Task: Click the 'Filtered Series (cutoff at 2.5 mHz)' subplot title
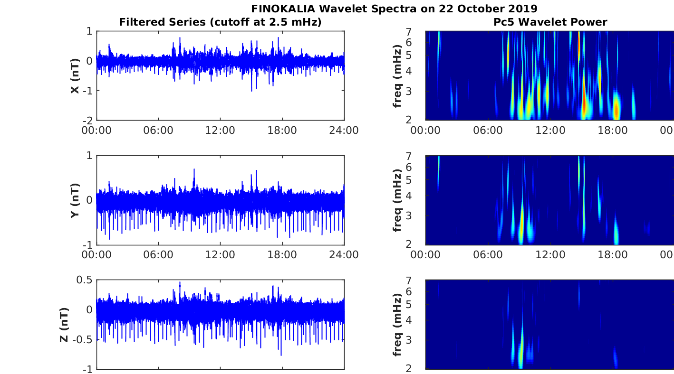pyautogui.click(x=220, y=22)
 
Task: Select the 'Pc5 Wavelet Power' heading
pyautogui.click(x=550, y=22)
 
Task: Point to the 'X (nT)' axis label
pyautogui.click(x=75, y=75)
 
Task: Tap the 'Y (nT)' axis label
pyautogui.click(x=75, y=200)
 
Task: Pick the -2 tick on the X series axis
pyautogui.click(x=88, y=120)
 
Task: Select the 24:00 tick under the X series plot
pyautogui.click(x=344, y=131)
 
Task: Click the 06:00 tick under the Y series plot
pyautogui.click(x=158, y=255)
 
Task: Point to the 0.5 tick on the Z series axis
pyautogui.click(x=85, y=280)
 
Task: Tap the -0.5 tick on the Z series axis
pyautogui.click(x=83, y=339)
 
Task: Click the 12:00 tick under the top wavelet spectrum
pyautogui.click(x=550, y=131)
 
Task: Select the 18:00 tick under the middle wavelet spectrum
pyautogui.click(x=612, y=255)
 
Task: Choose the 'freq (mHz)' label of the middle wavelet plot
pyautogui.click(x=397, y=200)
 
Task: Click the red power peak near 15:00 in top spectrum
pyautogui.click(x=584, y=102)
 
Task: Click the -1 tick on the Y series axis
pyautogui.click(x=88, y=244)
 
